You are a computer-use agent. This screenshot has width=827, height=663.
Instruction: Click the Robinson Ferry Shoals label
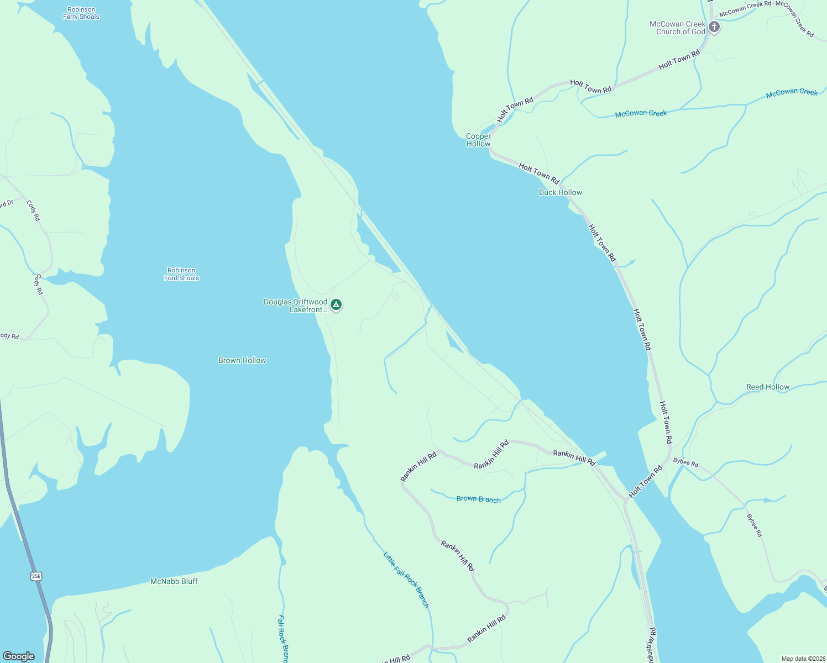tap(81, 13)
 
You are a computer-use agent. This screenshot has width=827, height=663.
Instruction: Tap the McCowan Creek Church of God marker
tap(714, 27)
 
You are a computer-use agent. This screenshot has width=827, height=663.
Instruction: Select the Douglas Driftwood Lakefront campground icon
tap(336, 304)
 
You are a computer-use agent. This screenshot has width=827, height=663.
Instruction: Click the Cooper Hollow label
tap(478, 140)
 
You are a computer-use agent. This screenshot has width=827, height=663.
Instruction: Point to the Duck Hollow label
tap(560, 192)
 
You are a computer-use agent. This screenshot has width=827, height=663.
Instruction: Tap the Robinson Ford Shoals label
tap(181, 274)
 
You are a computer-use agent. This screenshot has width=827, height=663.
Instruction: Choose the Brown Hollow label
tap(242, 360)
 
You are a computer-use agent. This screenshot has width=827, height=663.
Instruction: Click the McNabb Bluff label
tap(174, 581)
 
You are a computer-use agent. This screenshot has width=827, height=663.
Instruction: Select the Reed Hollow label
tap(768, 387)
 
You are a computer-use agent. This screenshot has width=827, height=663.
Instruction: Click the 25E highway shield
tap(36, 576)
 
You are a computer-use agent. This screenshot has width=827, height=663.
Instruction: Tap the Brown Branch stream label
tap(478, 499)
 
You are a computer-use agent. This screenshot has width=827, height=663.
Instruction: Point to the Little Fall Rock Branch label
tap(406, 580)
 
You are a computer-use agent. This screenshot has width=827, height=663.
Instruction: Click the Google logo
tap(19, 656)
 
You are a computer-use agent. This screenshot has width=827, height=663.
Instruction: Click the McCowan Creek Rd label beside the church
tap(745, 8)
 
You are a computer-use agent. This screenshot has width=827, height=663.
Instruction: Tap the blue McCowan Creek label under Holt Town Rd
tap(641, 113)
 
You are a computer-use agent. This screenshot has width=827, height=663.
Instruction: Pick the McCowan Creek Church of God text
tap(677, 28)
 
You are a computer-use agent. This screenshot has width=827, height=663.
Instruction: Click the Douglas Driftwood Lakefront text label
tap(295, 306)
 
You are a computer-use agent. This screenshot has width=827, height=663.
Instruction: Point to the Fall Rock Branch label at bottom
tap(283, 639)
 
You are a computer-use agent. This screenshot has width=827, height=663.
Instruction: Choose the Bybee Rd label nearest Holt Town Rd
tap(685, 462)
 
